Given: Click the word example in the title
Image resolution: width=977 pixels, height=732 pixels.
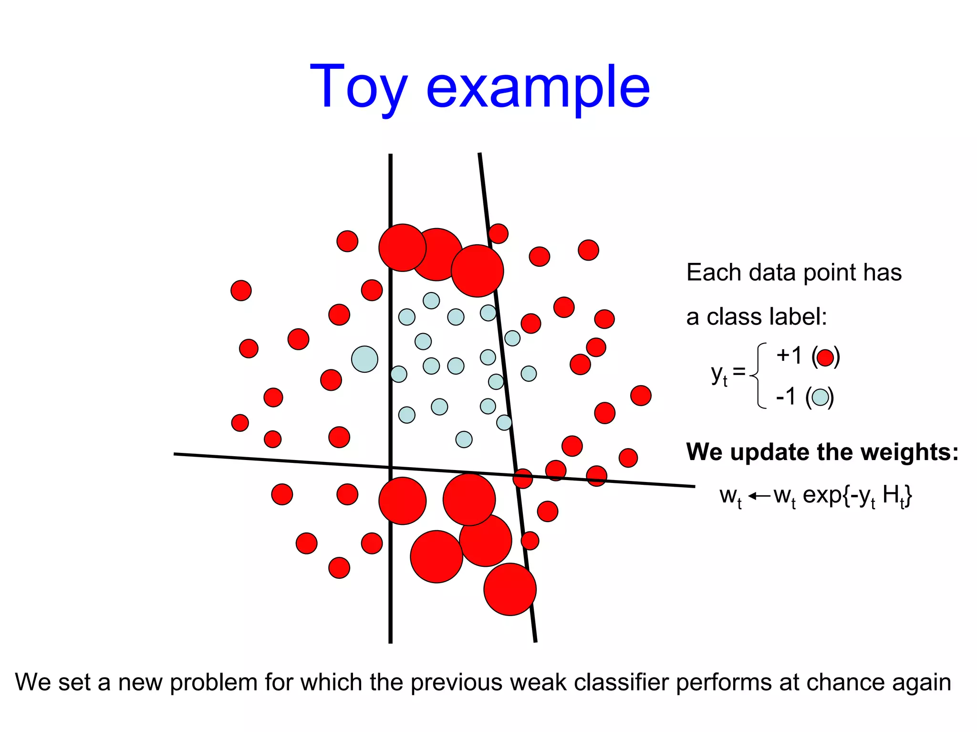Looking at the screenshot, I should (x=538, y=88).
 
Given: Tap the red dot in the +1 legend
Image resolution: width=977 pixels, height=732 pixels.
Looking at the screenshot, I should (x=825, y=357).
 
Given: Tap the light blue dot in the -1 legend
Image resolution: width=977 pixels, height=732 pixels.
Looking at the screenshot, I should (x=820, y=397).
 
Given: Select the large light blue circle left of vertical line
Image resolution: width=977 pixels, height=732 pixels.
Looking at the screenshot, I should (x=364, y=359).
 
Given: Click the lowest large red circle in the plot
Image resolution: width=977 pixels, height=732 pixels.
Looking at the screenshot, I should (x=510, y=589).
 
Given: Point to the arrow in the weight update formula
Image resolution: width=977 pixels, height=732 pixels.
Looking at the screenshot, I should (x=759, y=496).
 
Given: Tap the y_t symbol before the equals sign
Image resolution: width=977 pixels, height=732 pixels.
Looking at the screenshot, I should (x=718, y=374).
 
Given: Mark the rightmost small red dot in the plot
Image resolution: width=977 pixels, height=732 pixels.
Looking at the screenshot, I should (x=641, y=396).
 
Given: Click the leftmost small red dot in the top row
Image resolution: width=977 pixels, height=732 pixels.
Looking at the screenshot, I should (x=347, y=241).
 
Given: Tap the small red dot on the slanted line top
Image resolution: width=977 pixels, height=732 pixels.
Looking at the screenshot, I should (x=498, y=233).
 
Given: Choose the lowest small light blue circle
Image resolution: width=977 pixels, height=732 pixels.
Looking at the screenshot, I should (x=464, y=439).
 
